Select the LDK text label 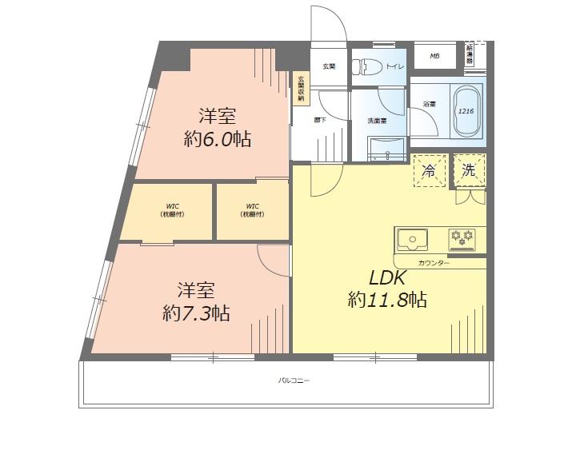tap(389, 278)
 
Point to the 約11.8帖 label tap(387, 301)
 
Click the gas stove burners tap(462, 237)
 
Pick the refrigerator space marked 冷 tap(429, 170)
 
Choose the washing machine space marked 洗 tap(469, 169)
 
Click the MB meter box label tap(434, 56)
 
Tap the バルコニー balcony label tap(294, 380)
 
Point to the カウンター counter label tap(434, 263)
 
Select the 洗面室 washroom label tap(377, 121)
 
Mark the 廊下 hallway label tap(319, 120)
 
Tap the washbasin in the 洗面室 tap(387, 145)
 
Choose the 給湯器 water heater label tap(470, 54)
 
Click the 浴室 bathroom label tap(429, 104)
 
